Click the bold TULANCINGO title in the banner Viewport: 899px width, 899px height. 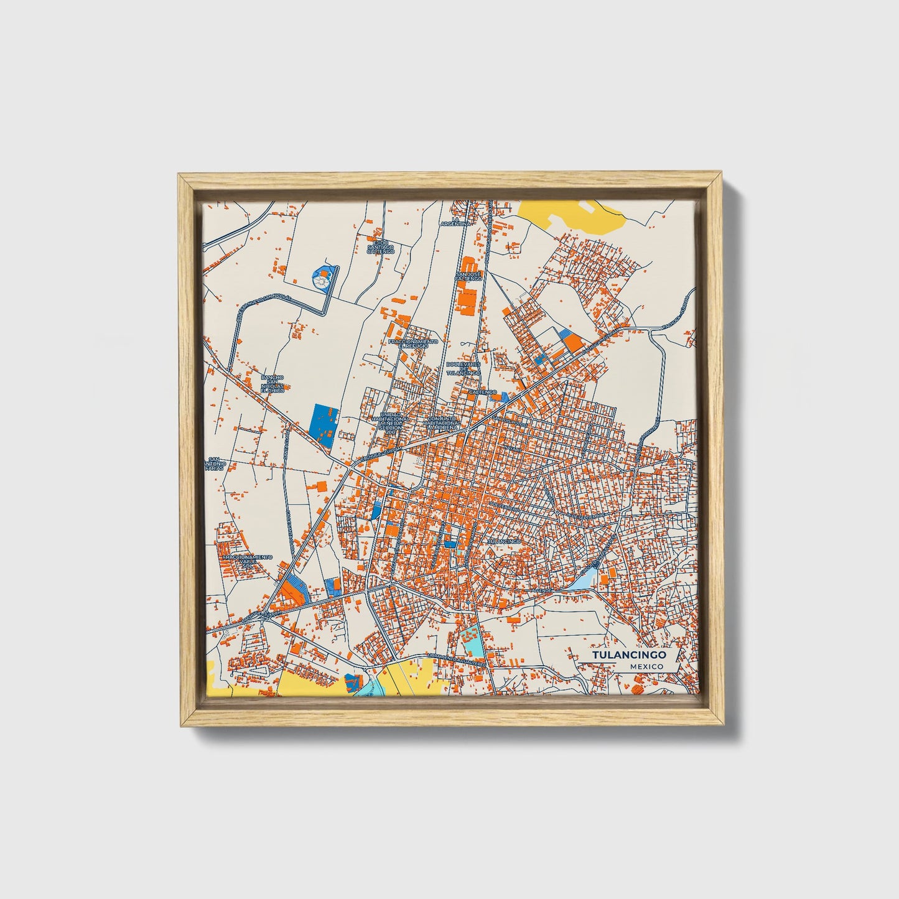(629, 655)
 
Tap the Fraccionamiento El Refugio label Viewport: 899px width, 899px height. (412, 343)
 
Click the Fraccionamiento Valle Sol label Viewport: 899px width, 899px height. (247, 561)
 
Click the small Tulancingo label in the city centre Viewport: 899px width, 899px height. (503, 541)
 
